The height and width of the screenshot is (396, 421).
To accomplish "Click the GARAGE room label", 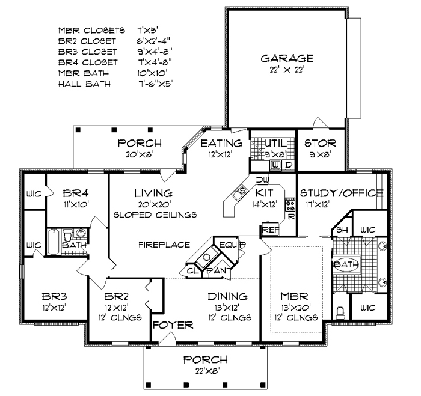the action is coord(287,58).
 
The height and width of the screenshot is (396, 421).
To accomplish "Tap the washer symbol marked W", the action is coord(275,165).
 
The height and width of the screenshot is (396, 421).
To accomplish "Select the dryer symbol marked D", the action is coord(289,165).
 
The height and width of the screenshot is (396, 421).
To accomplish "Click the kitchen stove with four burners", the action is coord(290,204).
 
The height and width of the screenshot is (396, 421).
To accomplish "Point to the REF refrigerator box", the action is coord(271,230).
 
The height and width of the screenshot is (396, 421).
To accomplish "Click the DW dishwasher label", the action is coord(263,180).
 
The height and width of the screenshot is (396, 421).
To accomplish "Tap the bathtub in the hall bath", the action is coord(53,242).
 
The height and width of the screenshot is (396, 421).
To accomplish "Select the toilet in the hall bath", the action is coord(67,236).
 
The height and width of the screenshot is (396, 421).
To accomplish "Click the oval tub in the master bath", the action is coord(346,264).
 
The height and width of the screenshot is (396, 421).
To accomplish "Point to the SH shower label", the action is coord(342,230).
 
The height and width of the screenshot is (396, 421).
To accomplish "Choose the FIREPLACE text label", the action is coord(164,245).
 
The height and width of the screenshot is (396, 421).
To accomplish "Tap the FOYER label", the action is coord(173,325).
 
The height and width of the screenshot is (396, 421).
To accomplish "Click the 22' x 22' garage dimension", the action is coord(287,70).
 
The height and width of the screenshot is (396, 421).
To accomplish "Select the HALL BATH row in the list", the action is coord(115,84).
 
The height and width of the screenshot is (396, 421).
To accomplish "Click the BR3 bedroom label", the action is coord(55,297).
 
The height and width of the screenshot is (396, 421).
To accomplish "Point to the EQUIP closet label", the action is coord(233,245).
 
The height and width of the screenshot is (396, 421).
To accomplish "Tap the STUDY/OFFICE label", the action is coord(342,193).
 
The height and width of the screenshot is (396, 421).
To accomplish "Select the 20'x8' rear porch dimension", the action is coord(140,155).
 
